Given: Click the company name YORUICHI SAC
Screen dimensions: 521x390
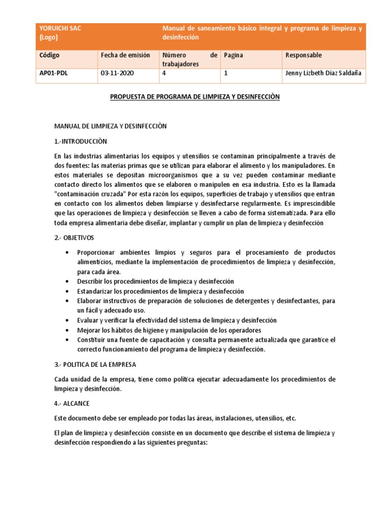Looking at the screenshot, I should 60,29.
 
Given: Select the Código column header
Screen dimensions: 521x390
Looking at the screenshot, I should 50,55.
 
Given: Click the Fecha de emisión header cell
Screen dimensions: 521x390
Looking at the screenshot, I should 125,55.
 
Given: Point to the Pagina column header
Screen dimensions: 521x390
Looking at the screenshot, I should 234,55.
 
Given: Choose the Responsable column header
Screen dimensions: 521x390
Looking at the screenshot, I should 304,55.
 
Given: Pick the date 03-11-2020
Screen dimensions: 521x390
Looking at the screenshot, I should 117,73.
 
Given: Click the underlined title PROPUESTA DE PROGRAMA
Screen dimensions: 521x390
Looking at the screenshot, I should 195,96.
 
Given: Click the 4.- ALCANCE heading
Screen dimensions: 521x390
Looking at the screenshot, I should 72,403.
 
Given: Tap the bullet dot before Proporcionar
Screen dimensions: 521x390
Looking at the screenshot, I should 68,253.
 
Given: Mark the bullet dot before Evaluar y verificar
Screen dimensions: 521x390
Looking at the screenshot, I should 68,321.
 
